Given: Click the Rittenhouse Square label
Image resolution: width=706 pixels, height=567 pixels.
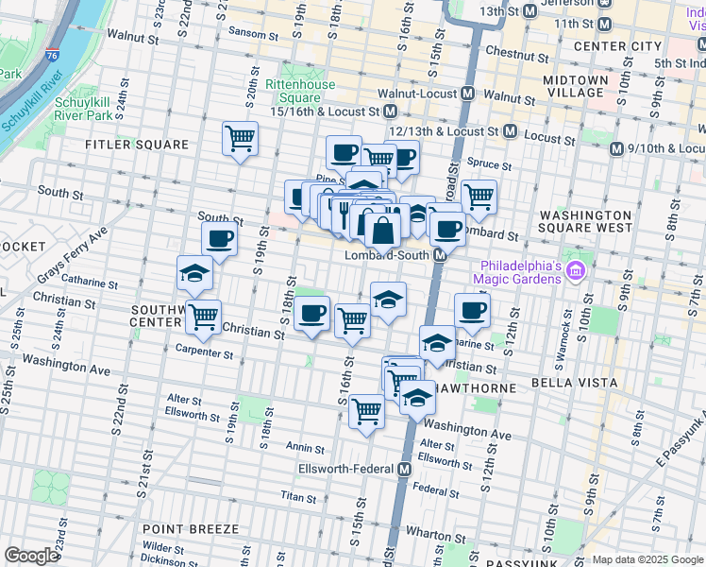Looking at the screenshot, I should [299, 91].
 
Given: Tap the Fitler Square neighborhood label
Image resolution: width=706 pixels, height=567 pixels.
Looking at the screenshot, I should [137, 145].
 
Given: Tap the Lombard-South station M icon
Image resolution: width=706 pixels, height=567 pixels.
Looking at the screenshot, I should [440, 256].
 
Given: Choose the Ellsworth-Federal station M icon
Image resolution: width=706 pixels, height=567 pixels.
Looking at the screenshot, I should [405, 469].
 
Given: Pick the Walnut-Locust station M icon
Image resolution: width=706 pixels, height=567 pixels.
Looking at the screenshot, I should [466, 94].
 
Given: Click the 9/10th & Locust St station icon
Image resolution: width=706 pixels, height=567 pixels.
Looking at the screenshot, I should [617, 148].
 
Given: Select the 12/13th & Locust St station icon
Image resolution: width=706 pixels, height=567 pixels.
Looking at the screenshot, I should [510, 130].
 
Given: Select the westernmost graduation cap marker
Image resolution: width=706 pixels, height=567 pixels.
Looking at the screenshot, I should [195, 274].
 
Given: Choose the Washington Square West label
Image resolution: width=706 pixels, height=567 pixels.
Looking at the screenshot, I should [585, 221].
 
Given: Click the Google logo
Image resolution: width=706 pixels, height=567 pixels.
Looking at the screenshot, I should [31, 556].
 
